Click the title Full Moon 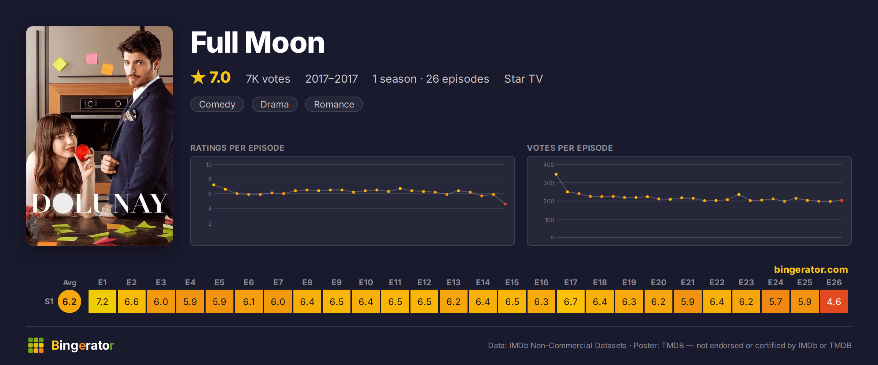(258, 43)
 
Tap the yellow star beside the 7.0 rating (198, 77)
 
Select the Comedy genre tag (217, 104)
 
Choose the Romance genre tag (334, 104)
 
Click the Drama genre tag (275, 104)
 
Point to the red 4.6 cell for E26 (834, 301)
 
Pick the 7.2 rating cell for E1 (102, 301)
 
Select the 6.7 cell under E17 (571, 301)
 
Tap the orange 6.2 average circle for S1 (70, 301)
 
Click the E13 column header (454, 282)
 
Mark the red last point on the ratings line (505, 204)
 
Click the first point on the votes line (556, 174)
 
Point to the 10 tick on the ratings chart (209, 165)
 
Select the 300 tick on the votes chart (549, 183)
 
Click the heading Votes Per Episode (570, 148)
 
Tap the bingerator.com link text (811, 270)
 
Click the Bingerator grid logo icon (36, 345)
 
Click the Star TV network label (524, 79)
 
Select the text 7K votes (268, 79)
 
